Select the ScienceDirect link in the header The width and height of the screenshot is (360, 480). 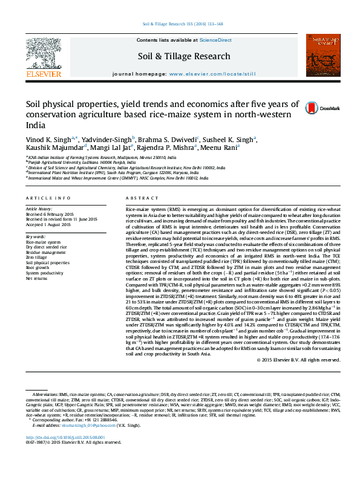215,40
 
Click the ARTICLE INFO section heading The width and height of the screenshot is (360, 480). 44,198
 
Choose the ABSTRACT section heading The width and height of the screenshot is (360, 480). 138,198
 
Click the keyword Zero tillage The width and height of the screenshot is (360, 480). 36,258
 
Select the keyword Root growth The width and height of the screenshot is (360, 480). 36,268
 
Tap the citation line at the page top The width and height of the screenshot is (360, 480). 182,24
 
